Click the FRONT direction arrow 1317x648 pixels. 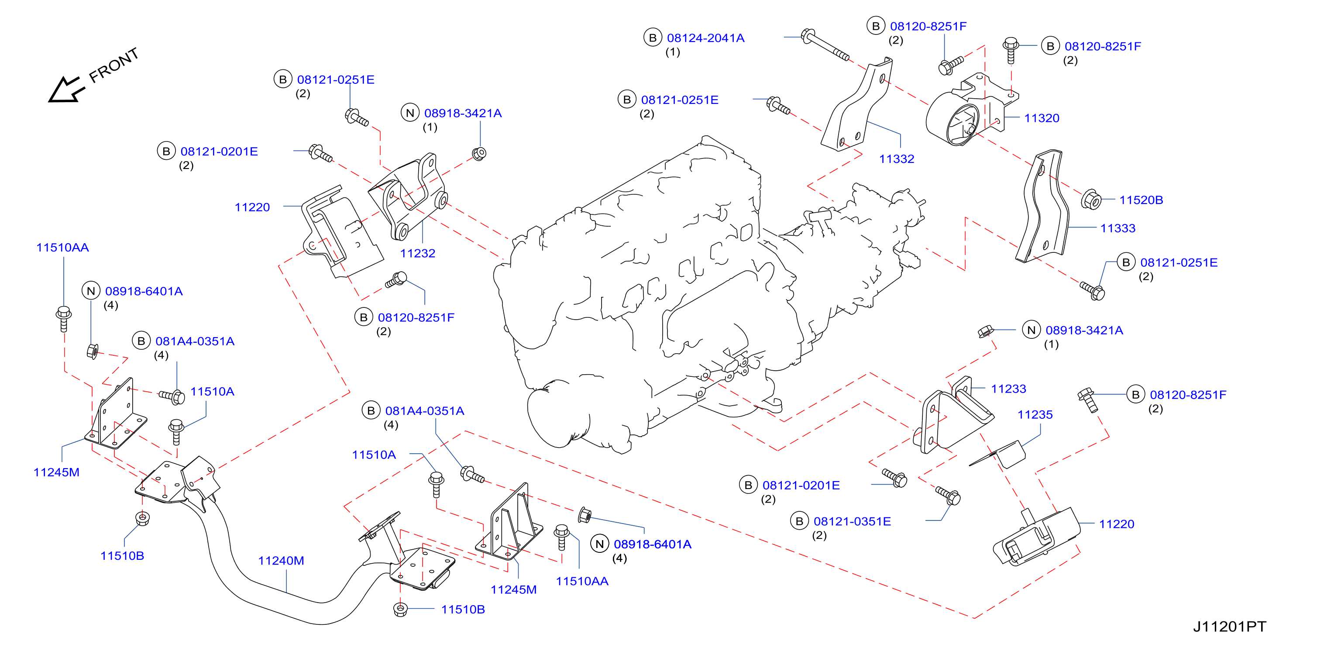coord(65,90)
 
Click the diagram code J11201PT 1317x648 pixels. coord(1230,627)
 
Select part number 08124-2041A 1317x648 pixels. coord(705,38)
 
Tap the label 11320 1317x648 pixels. coord(1042,118)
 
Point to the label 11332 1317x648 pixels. coord(896,159)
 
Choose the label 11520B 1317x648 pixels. coord(1141,200)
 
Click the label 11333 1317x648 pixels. coord(1118,228)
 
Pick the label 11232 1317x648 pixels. coord(417,253)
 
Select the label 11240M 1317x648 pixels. coord(281,561)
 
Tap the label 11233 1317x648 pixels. coord(1008,389)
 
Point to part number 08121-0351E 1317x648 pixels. coord(852,521)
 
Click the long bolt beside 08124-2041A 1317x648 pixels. coord(825,45)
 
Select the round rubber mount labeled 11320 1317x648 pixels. coord(953,119)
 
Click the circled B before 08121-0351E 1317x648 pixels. coord(799,521)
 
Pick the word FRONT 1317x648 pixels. coord(113,65)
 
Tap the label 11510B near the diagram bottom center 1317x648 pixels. coord(463,609)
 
